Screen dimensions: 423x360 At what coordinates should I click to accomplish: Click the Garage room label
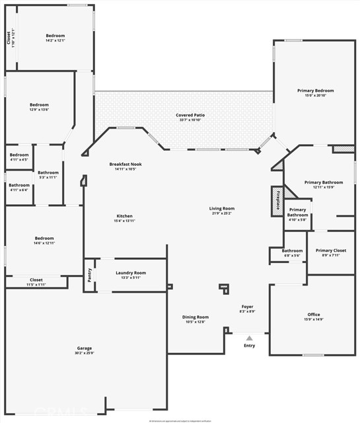[x=85, y=348]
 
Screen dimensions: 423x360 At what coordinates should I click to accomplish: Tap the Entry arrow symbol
[x=249, y=338]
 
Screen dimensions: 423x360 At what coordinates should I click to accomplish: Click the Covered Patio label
[x=190, y=115]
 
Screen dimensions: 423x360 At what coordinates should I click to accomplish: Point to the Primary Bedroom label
[x=315, y=91]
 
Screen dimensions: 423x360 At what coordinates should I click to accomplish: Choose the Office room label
[x=313, y=315]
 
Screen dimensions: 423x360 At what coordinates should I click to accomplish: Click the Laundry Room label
[x=131, y=272]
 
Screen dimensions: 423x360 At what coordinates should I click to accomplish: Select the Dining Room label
[x=196, y=317]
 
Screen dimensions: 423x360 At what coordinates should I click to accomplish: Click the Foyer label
[x=247, y=307]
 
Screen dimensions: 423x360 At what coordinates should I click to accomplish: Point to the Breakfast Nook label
[x=126, y=164]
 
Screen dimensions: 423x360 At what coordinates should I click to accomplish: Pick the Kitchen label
[x=125, y=216]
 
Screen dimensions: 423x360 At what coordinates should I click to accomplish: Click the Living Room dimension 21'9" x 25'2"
[x=222, y=213]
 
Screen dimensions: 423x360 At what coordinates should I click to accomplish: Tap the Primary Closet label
[x=330, y=250]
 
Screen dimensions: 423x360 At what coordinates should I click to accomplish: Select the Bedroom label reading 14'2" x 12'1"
[x=55, y=36]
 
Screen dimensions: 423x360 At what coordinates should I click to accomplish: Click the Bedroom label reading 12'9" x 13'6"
[x=39, y=105]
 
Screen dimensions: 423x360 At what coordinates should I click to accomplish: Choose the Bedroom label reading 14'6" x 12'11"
[x=44, y=238]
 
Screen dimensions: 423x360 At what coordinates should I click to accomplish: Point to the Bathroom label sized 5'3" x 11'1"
[x=48, y=173]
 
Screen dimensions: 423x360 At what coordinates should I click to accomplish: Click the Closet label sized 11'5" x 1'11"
[x=36, y=280]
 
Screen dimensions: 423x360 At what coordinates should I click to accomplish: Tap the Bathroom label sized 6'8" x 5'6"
[x=292, y=250]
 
